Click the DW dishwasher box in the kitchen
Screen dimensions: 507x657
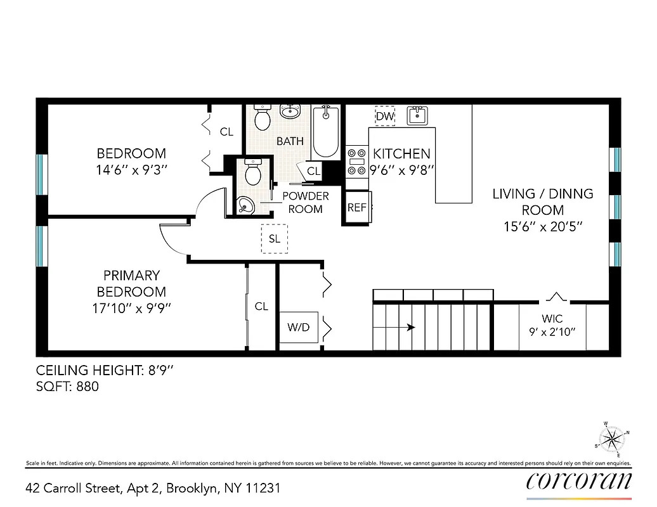pyautogui.click(x=385, y=116)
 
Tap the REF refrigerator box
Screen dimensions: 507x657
pyautogui.click(x=356, y=207)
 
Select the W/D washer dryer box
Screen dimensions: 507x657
pyautogui.click(x=299, y=328)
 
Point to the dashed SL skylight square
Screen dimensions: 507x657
pyautogui.click(x=275, y=240)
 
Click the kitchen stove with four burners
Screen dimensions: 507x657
pyautogui.click(x=357, y=161)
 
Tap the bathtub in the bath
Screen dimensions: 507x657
pyautogui.click(x=325, y=131)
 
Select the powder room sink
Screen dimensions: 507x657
pyautogui.click(x=245, y=204)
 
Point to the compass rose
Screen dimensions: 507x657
pyautogui.click(x=611, y=438)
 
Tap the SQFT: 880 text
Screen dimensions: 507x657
pyautogui.click(x=68, y=386)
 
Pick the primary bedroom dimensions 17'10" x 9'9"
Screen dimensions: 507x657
pyautogui.click(x=131, y=309)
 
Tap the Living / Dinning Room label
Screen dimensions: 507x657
pyautogui.click(x=543, y=202)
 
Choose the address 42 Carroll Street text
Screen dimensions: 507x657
pyautogui.click(x=152, y=488)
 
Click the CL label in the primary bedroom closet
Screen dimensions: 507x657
pyautogui.click(x=261, y=306)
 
